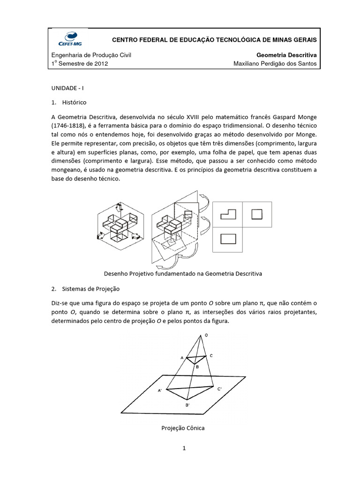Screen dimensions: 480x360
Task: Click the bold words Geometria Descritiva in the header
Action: (287, 55)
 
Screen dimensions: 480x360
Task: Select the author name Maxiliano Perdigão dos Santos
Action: (275, 64)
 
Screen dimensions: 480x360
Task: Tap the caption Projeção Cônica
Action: (183, 428)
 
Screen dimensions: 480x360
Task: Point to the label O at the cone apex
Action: (205, 335)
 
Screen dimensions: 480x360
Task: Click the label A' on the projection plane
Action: (160, 390)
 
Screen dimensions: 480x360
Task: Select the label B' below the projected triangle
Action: (187, 405)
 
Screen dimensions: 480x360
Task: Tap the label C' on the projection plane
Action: (219, 389)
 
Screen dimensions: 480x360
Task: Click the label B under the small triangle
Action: (197, 367)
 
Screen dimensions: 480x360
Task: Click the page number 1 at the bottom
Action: (185, 449)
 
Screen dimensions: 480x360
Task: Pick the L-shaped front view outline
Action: (228, 215)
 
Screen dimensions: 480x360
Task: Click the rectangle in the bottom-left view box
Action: (228, 238)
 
